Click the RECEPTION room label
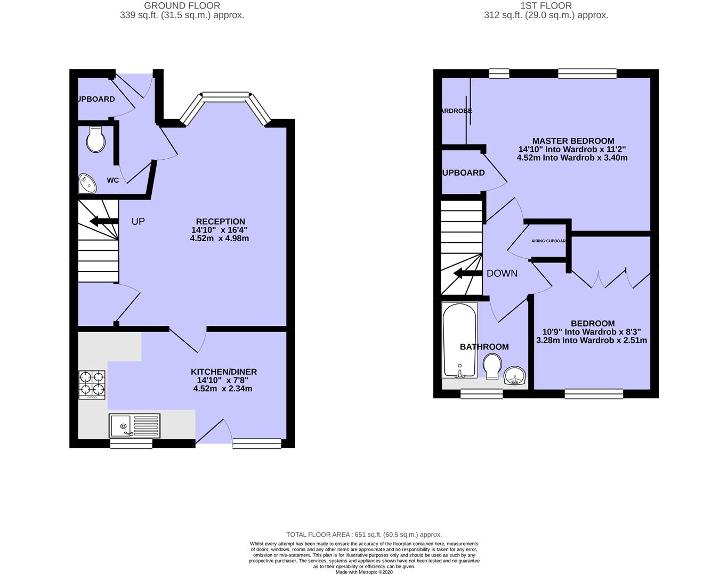[x=220, y=221]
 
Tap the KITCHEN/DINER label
[x=224, y=372]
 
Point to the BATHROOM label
[x=484, y=347]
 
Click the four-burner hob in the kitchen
[x=92, y=384]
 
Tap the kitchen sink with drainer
[x=134, y=426]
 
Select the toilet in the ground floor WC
[x=95, y=139]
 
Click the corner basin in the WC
[x=86, y=184]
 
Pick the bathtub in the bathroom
[x=459, y=340]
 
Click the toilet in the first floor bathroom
[x=492, y=367]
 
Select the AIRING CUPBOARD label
[x=548, y=241]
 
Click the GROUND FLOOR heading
[x=182, y=6]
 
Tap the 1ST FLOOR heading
[x=546, y=6]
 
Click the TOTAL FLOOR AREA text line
[x=364, y=535]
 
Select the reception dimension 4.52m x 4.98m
[x=220, y=239]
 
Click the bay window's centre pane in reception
[x=226, y=96]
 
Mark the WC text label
[x=112, y=180]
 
